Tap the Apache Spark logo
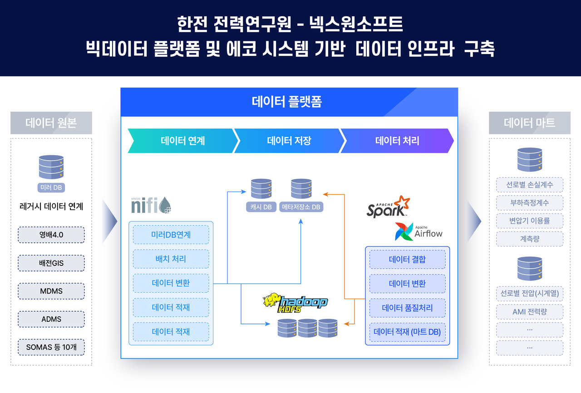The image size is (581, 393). coord(388,207)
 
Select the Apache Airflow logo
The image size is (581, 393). coord(418,232)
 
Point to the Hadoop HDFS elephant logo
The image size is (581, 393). coord(295,304)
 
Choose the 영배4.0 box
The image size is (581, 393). coord(51,235)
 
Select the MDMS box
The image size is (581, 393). coord(51,291)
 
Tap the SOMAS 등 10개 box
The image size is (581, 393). coord(51,347)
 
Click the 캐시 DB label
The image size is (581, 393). coord(261,207)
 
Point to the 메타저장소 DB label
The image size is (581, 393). coord(301,207)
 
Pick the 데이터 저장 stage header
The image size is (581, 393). coord(289,141)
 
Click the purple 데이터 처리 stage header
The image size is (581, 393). coord(397,141)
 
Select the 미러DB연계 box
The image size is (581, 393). coord(171,235)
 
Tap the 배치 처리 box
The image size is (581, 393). coord(171,259)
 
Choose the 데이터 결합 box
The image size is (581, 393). coord(407,260)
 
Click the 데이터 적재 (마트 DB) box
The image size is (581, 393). coord(407,332)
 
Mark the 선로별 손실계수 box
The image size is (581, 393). coord(529,185)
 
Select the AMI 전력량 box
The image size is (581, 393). coord(529,312)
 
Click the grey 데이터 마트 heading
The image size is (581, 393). coord(529,123)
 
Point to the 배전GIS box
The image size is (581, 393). coord(51,263)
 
